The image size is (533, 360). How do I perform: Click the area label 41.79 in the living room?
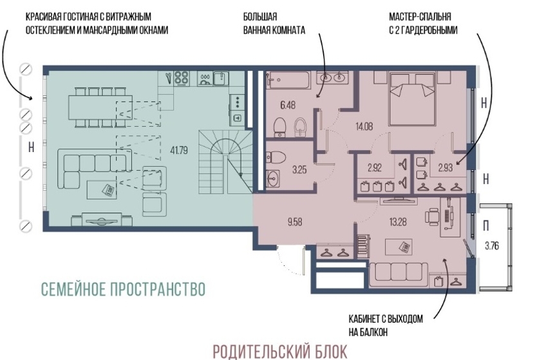coord(179,150)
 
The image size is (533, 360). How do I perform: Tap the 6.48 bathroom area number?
coord(288,105)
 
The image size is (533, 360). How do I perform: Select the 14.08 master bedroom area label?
coord(364,126)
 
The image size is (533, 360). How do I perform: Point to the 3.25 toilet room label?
coord(299,169)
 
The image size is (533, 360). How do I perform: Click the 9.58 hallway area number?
coord(295,222)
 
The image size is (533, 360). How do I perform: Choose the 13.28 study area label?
coord(398,222)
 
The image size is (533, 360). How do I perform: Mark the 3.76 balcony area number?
coord(492,245)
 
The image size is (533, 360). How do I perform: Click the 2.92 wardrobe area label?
coord(374,167)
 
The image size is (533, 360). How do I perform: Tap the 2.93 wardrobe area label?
coord(445,167)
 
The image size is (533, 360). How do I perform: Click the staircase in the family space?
coord(225,160)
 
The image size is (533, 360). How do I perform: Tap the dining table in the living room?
coord(100,107)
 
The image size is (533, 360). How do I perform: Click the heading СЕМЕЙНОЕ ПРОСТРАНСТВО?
coord(123,289)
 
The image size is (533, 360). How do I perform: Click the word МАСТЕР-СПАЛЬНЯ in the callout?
coord(420,16)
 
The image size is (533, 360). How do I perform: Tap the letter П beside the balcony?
coord(487,225)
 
